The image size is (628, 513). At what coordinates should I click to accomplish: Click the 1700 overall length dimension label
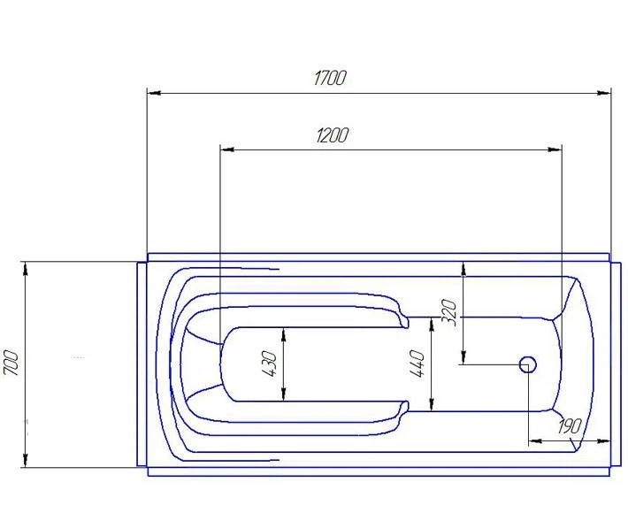(x=329, y=78)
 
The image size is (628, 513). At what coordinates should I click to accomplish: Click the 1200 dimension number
(x=332, y=135)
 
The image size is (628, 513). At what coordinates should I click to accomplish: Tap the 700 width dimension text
(x=11, y=363)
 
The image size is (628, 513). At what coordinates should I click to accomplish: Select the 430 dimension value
(x=269, y=364)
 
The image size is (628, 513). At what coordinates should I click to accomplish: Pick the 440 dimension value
(x=417, y=364)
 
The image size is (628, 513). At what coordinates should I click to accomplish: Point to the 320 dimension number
(x=449, y=313)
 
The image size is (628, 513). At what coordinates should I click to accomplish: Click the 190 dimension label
(x=569, y=426)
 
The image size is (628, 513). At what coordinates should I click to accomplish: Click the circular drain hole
(x=528, y=364)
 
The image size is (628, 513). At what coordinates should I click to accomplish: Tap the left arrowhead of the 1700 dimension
(x=154, y=93)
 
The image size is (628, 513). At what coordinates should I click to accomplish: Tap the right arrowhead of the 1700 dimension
(x=604, y=93)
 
